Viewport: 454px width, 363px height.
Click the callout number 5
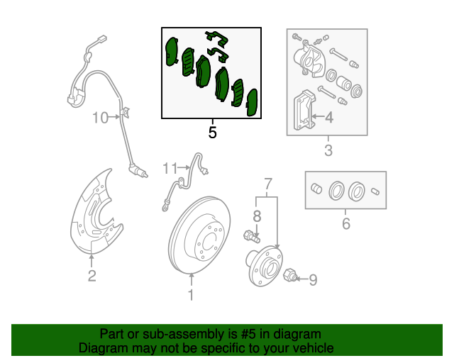coord(212,132)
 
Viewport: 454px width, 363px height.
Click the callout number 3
coord(328,150)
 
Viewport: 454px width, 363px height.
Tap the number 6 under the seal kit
coord(346,224)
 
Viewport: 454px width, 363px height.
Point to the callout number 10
coord(99,117)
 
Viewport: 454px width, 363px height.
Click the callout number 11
coord(169,168)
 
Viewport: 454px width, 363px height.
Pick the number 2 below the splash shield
coord(92,277)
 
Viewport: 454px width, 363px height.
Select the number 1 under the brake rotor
coord(190,295)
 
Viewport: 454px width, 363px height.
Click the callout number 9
coord(313,280)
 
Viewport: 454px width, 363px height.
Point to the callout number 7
coord(268,185)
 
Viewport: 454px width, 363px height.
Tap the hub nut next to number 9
coord(289,276)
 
